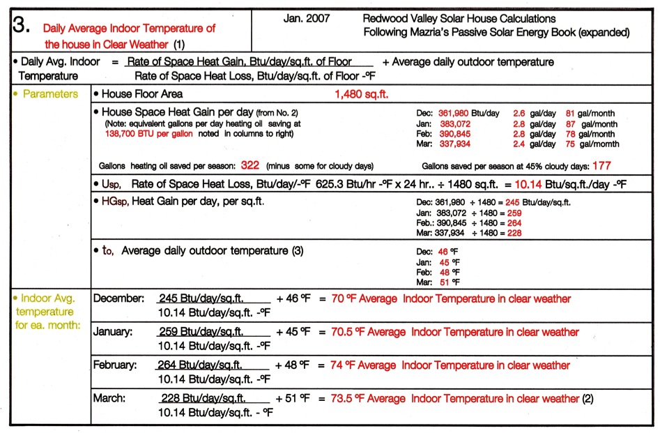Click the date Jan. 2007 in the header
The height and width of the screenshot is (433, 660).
pos(307,18)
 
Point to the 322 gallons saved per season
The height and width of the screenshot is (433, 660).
pos(250,166)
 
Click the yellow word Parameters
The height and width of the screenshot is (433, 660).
pos(51,94)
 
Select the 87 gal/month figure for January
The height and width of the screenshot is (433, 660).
pos(569,123)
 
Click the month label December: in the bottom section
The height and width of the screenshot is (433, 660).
pos(118,298)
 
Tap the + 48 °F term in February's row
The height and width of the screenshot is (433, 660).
pos(293,365)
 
